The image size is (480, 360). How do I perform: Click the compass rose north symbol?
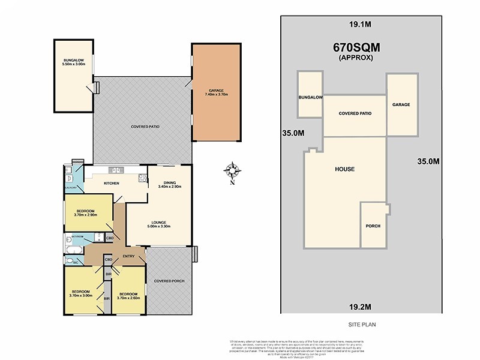[233, 172]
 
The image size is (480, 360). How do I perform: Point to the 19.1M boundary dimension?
[359, 26]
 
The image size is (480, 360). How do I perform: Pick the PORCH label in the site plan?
[373, 226]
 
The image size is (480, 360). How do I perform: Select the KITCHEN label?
[112, 183]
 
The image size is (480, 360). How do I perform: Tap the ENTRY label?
[128, 257]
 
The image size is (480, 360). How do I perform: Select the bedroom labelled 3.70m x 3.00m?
[81, 293]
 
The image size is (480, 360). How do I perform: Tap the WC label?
[70, 262]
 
